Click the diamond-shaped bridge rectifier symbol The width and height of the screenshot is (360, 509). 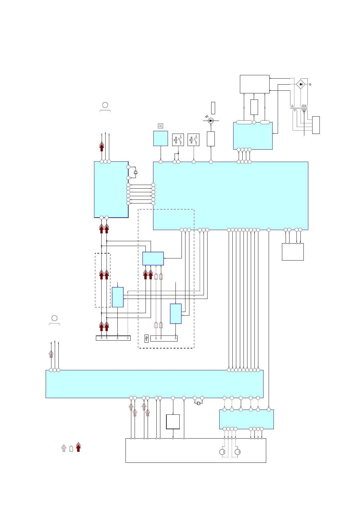(x=300, y=84)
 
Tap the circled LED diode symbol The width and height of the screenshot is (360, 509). (x=211, y=121)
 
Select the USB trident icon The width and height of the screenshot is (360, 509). (x=146, y=338)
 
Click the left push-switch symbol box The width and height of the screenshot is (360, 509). (x=178, y=140)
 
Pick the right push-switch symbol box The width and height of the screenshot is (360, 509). (x=193, y=140)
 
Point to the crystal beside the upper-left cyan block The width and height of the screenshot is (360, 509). (x=136, y=173)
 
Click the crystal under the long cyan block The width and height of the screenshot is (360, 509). (x=198, y=403)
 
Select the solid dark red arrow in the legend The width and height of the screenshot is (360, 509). (x=78, y=447)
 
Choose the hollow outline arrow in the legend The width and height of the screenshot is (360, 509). (x=71, y=449)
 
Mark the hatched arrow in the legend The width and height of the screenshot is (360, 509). (x=64, y=448)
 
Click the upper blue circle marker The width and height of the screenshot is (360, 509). (x=105, y=105)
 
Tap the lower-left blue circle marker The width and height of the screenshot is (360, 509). (x=54, y=318)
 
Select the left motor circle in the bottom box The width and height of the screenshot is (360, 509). (x=222, y=452)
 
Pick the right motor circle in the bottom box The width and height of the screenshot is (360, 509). (x=238, y=452)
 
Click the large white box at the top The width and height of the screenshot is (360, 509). (x=254, y=84)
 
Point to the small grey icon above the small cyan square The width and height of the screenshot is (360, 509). (x=161, y=126)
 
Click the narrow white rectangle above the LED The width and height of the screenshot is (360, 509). (x=213, y=108)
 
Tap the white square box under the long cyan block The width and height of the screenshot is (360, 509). (x=173, y=422)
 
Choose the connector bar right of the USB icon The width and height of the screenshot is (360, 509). (x=164, y=338)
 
